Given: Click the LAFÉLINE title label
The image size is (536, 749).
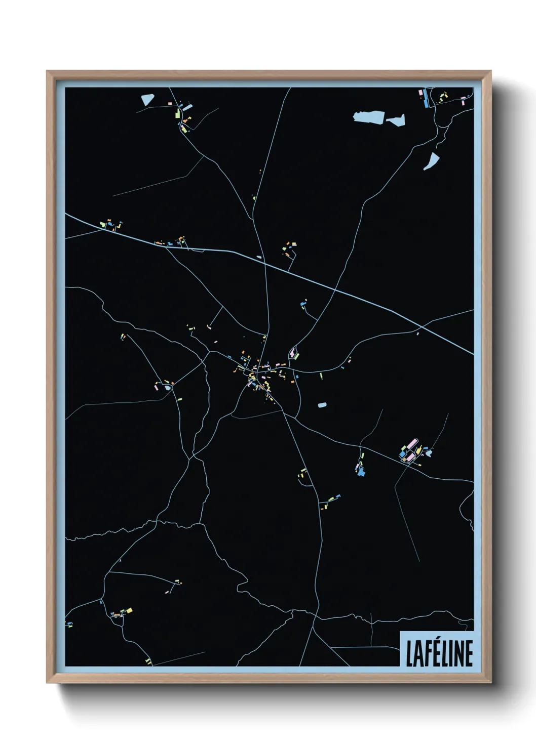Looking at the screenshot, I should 439,653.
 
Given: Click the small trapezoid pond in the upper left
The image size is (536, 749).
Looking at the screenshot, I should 147,99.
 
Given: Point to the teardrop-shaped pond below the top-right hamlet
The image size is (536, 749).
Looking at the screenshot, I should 432,161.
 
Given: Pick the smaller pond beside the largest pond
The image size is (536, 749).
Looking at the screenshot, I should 396,120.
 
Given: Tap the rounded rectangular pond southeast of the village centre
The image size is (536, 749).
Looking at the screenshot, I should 322,405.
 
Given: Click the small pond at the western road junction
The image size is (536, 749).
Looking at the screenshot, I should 167,388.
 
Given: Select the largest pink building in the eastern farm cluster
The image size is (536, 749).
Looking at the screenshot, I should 411,446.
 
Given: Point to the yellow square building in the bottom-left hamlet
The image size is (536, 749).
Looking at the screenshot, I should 129,611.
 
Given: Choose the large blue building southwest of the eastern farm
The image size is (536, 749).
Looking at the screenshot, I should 362,473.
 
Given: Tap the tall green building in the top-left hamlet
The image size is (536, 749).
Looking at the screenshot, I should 178,113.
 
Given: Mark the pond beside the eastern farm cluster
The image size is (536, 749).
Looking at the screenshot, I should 429,453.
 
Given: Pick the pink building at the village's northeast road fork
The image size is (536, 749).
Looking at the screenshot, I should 292,351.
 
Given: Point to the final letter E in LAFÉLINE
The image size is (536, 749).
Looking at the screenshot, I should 469,653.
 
